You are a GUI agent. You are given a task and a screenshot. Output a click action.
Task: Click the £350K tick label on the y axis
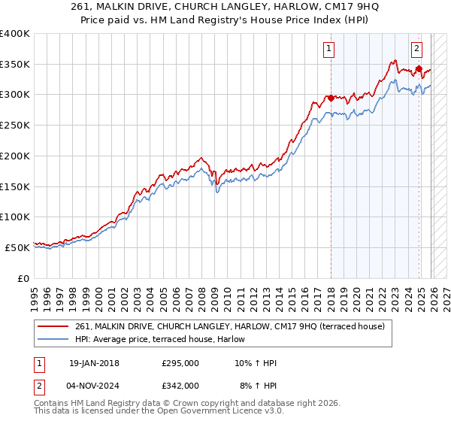pyautogui.click(x=15, y=65)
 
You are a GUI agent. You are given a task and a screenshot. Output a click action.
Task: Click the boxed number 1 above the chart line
pyautogui.click(x=329, y=50)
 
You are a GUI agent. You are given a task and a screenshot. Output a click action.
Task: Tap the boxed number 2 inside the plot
pyautogui.click(x=416, y=50)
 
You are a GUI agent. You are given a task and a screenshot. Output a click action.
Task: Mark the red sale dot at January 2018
pyautogui.click(x=330, y=98)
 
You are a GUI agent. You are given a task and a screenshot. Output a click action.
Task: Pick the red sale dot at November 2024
pyautogui.click(x=419, y=69)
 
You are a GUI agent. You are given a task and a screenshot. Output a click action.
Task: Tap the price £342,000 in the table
pyautogui.click(x=180, y=385)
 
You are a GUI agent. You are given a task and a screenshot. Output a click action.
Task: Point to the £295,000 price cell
pyautogui.click(x=180, y=363)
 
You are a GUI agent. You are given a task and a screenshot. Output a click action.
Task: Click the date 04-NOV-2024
pyautogui.click(x=94, y=385)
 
